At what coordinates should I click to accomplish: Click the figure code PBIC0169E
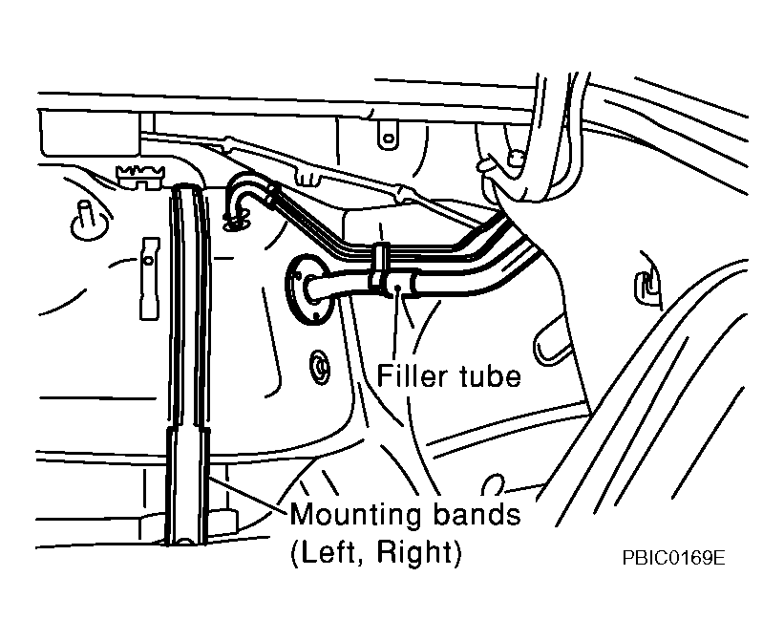673,558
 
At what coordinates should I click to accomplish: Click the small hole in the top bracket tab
389,138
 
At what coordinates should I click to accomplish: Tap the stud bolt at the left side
85,219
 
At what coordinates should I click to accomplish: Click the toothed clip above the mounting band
139,176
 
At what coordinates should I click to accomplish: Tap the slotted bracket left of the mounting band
150,278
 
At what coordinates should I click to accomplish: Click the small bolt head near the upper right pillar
515,158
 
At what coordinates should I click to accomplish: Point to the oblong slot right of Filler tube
553,340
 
